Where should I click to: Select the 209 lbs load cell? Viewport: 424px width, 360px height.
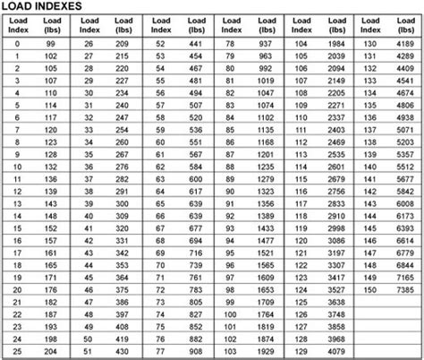coord(122,43)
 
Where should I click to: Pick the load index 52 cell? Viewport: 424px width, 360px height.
coord(161,43)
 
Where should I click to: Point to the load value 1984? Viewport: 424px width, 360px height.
coord(336,43)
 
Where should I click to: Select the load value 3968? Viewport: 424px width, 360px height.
coord(336,339)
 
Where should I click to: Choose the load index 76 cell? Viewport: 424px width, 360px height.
coord(161,339)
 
